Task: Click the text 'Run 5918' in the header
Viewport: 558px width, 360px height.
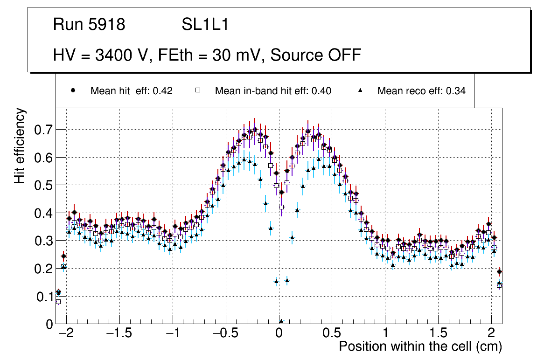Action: [89, 25]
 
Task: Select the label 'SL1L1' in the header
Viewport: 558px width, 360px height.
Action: [205, 25]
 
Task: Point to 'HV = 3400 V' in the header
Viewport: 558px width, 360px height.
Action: [98, 55]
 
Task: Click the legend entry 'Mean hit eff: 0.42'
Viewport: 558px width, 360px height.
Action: [131, 91]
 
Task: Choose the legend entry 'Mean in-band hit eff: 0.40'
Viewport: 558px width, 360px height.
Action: [273, 91]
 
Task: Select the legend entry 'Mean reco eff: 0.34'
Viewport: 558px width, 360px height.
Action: [421, 91]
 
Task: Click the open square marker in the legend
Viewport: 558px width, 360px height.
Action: [198, 90]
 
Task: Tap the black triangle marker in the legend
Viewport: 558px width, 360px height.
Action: [360, 90]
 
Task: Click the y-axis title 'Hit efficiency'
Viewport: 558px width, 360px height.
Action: [20, 145]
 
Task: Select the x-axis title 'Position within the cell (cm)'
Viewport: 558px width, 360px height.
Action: [420, 346]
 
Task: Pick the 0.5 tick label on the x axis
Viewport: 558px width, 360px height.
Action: [332, 334]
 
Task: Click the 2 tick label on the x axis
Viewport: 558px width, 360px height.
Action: [491, 334]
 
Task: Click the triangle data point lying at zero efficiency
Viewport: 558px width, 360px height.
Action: [281, 321]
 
